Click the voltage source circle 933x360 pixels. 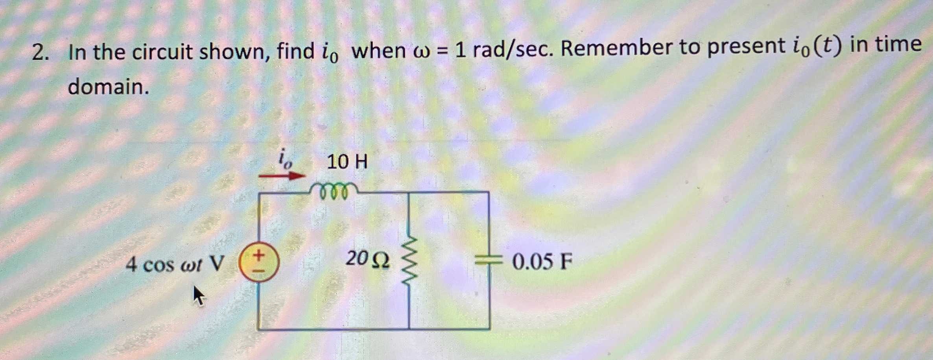pos(259,262)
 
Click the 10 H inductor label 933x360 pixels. pos(347,162)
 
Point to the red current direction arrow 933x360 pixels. pos(282,176)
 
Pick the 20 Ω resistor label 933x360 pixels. pos(367,259)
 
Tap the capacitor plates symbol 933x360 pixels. pos(489,260)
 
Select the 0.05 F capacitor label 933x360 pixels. pos(542,261)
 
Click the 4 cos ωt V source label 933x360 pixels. pos(175,264)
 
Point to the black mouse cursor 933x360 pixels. pos(199,296)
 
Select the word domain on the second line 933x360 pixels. pos(108,86)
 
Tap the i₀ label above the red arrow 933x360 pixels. pos(285,159)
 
